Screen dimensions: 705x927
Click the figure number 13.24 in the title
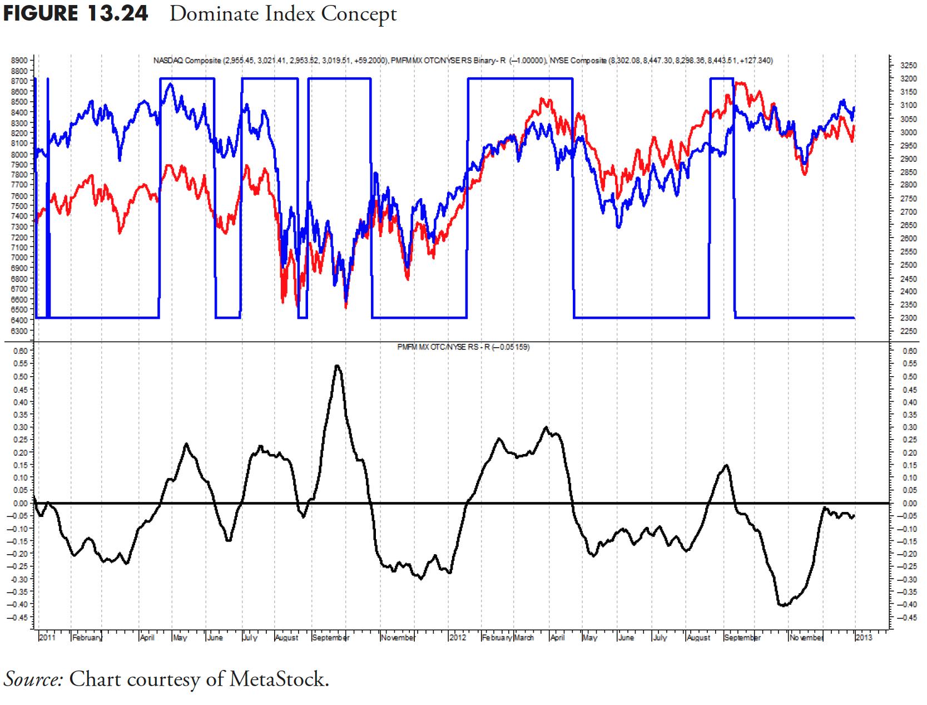pyautogui.click(x=117, y=13)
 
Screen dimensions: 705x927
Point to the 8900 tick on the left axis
pyautogui.click(x=19, y=60)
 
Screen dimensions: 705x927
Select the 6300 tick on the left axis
pyautogui.click(x=19, y=331)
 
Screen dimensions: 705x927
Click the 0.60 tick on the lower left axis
pyautogui.click(x=20, y=351)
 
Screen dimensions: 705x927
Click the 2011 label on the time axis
pyautogui.click(x=47, y=638)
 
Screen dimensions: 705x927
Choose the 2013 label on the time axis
pyautogui.click(x=864, y=638)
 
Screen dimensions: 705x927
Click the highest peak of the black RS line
pyautogui.click(x=338, y=366)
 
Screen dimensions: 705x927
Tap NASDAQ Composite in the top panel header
pyautogui.click(x=186, y=60)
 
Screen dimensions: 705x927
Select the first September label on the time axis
pyautogui.click(x=330, y=638)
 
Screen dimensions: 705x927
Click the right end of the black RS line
pyautogui.click(x=854, y=516)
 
